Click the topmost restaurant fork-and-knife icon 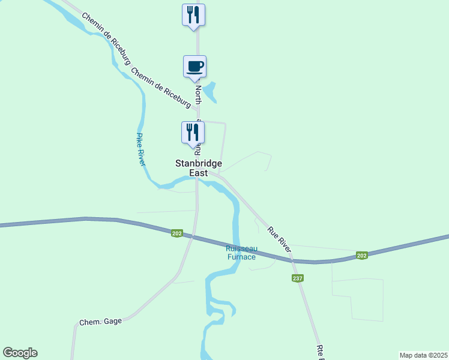[193, 14]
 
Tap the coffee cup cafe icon [194, 66]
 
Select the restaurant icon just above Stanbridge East [193, 132]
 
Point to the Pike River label [142, 149]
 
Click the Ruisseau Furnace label [241, 253]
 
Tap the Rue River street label [280, 239]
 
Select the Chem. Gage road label [100, 322]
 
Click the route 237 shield [298, 278]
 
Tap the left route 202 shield [176, 233]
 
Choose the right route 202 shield [361, 255]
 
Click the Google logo [20, 353]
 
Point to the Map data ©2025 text [423, 355]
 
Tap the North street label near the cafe [198, 94]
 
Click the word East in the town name [199, 173]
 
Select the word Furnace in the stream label [241, 257]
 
